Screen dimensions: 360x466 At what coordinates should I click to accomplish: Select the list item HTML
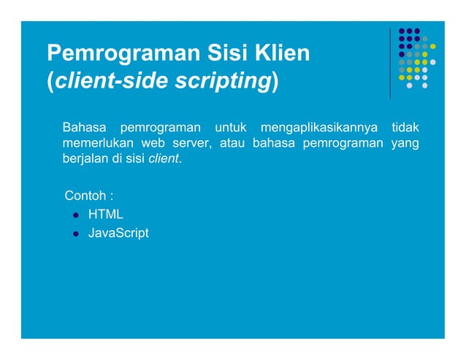click(x=106, y=215)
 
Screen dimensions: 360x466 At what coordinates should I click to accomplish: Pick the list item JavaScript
click(x=118, y=234)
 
